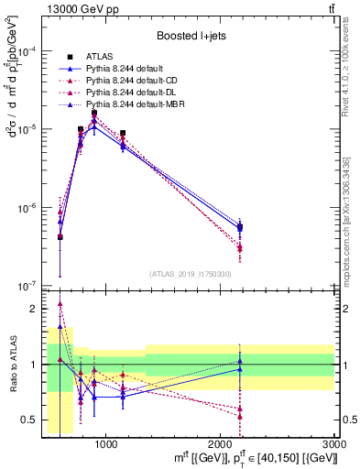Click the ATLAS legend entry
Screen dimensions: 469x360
click(102, 57)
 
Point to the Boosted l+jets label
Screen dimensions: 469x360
click(190, 36)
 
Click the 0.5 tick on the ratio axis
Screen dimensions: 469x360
click(28, 420)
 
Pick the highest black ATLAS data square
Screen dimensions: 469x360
click(93, 114)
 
